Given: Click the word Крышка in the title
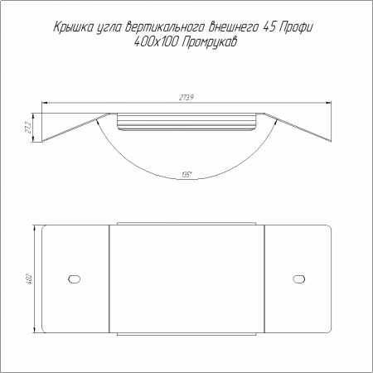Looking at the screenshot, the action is (x=72, y=27).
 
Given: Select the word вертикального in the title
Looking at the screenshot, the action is (x=165, y=27).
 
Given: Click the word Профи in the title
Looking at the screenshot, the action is (x=296, y=27).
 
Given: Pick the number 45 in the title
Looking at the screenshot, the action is (x=269, y=27).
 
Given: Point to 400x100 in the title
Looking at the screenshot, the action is (x=155, y=42).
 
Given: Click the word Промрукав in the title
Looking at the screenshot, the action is (x=210, y=43).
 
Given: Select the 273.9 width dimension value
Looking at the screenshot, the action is (x=186, y=98).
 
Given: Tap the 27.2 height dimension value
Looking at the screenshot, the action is (x=28, y=128).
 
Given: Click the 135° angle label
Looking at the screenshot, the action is (x=186, y=175).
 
